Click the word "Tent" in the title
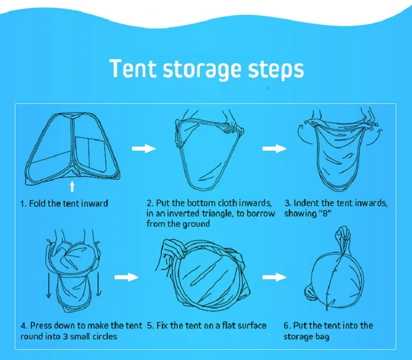pos(132,68)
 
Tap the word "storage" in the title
pos(201,70)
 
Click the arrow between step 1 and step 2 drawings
pos(144,149)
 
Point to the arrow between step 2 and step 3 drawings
pos(274,149)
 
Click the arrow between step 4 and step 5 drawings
pos(127,277)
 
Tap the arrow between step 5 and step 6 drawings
pos(274,277)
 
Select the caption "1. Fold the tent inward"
pos(64,204)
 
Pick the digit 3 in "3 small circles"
pos(65,336)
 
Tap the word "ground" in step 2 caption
pos(196,224)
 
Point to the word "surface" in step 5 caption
pos(252,326)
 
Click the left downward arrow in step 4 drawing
pos(49,285)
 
